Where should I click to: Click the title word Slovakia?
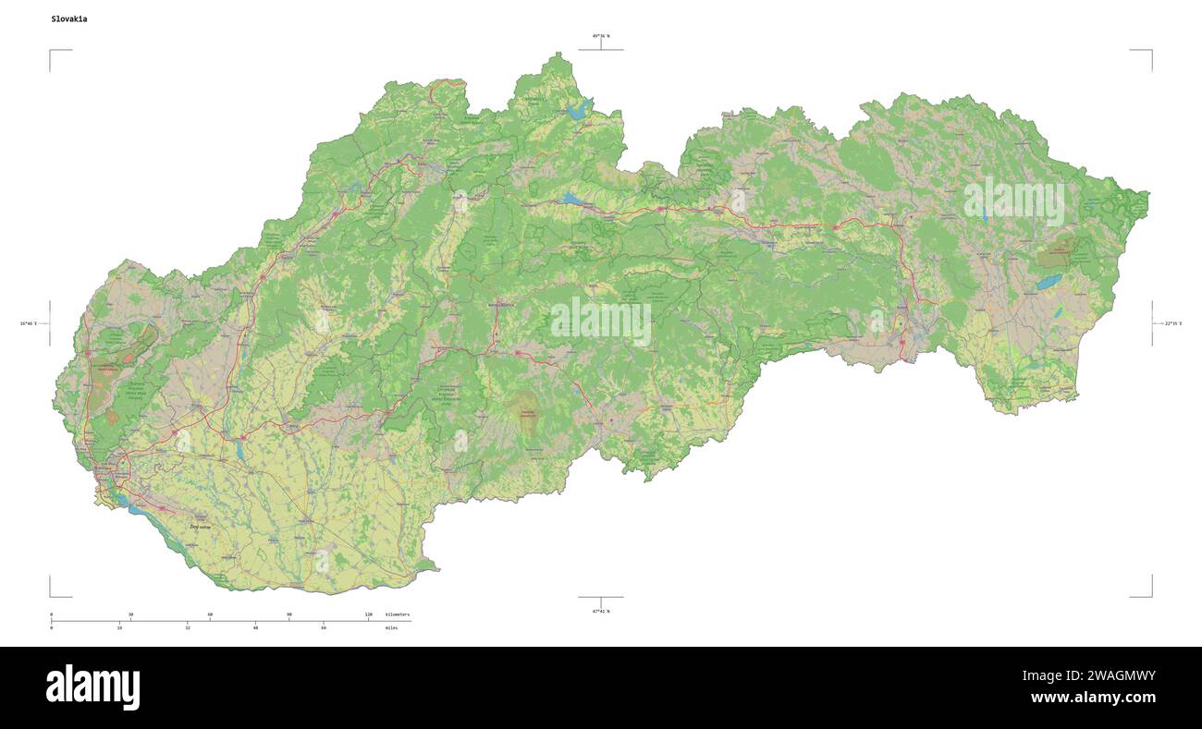(x=70, y=18)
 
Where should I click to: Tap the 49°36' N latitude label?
(x=601, y=36)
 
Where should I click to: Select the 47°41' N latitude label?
(x=601, y=611)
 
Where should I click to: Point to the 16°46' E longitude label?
(x=28, y=323)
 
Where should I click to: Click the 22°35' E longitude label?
(x=1173, y=323)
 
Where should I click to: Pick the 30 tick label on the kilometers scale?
(x=130, y=614)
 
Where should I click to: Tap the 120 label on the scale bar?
(x=368, y=614)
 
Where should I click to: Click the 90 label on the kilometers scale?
(x=289, y=614)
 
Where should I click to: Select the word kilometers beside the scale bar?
(x=398, y=614)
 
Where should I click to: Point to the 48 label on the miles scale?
(x=255, y=628)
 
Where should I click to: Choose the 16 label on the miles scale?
(x=119, y=628)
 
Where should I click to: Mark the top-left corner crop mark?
(x=51, y=52)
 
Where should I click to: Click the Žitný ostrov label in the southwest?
(x=200, y=527)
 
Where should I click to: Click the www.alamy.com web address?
(x=1093, y=699)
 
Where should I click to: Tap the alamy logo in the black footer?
(x=92, y=687)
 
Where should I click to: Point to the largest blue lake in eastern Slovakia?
(x=1049, y=281)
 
